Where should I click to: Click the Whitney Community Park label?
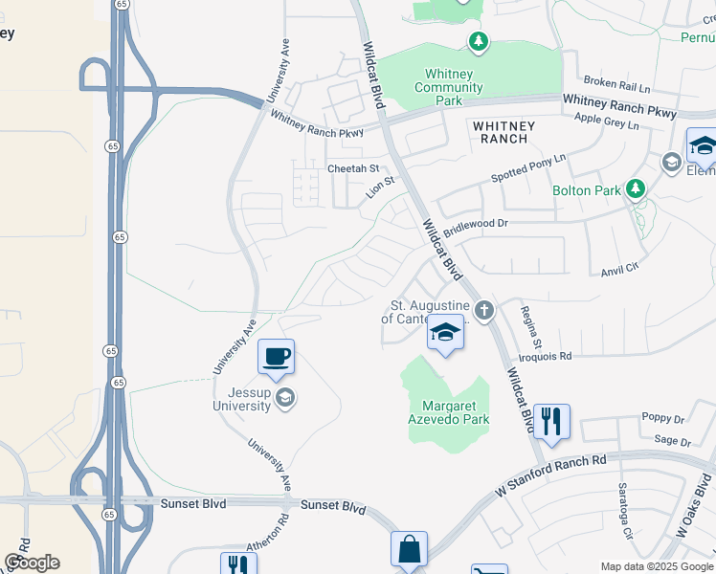click(448, 88)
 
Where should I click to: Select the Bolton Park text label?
click(587, 190)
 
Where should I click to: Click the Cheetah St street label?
click(353, 168)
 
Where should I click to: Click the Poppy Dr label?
click(665, 419)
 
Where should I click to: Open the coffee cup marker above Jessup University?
click(276, 358)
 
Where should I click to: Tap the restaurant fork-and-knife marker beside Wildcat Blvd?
click(550, 421)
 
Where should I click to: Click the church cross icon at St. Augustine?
click(484, 310)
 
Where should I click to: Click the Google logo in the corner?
click(32, 563)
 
